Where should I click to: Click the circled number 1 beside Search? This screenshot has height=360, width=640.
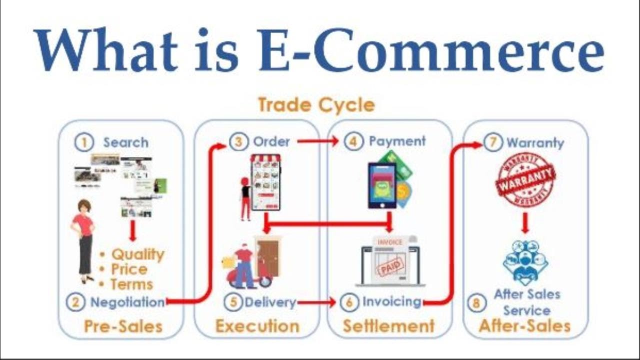click(x=84, y=142)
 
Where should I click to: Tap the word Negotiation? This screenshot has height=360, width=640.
click(x=127, y=302)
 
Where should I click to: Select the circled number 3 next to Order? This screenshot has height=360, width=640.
click(x=239, y=142)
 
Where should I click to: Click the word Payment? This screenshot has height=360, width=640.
click(x=397, y=141)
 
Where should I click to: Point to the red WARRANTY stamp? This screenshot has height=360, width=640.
click(x=525, y=179)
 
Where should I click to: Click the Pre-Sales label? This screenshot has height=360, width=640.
click(x=123, y=326)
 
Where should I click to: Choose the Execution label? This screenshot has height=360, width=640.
click(x=257, y=326)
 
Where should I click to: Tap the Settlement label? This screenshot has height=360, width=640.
click(x=388, y=326)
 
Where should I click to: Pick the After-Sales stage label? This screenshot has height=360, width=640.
click(x=524, y=326)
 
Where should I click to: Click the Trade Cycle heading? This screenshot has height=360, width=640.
click(x=316, y=105)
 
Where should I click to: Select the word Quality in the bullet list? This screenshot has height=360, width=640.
click(x=137, y=254)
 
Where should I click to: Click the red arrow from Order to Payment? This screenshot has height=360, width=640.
click(x=317, y=141)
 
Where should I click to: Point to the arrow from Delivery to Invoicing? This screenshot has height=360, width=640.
click(x=316, y=302)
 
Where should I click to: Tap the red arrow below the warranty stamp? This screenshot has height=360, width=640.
click(x=524, y=223)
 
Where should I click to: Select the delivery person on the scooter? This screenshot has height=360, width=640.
click(x=245, y=267)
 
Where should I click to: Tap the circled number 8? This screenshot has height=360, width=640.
click(x=476, y=302)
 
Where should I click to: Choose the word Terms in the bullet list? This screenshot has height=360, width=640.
click(x=131, y=284)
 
